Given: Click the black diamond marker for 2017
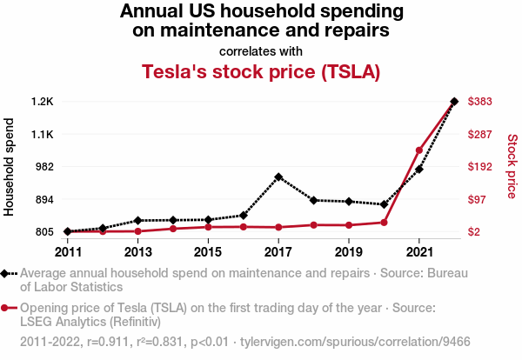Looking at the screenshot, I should click(278, 177).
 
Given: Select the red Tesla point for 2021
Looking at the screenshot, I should click(419, 150).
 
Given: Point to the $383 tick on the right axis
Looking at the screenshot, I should click(481, 102).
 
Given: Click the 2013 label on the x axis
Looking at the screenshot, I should click(138, 252).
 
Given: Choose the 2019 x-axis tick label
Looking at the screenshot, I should click(349, 252).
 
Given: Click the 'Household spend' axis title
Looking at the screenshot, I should click(10, 166).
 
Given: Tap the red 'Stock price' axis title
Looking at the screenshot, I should click(512, 166).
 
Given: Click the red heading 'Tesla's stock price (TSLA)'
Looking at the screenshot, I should click(261, 72).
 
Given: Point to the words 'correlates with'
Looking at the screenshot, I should click(261, 50).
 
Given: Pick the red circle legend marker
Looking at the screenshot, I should click(6, 308).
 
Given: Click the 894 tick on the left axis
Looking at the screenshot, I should click(43, 199).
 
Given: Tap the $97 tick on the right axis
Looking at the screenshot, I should click(478, 199).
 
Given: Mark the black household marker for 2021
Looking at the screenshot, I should click(419, 169).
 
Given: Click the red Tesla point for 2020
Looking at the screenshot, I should click(384, 223).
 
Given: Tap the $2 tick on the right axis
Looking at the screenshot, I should click(475, 232).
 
